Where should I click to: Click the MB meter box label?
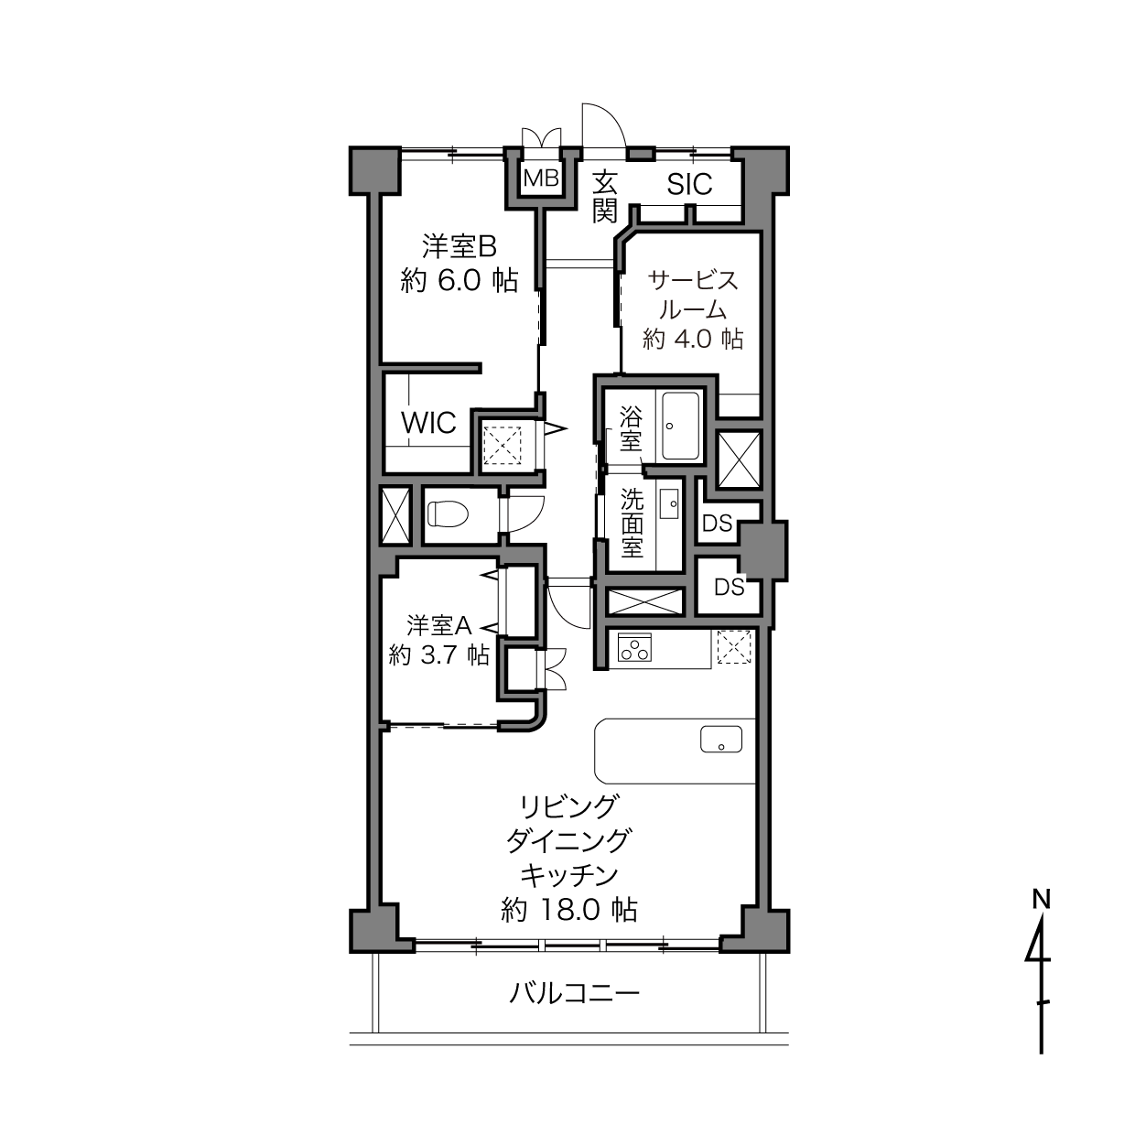point(541,178)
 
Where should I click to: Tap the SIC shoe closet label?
point(689,184)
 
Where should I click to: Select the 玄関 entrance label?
point(604,197)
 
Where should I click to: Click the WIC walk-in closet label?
point(428,423)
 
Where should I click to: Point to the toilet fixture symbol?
point(449,514)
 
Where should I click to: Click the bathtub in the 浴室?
point(680,426)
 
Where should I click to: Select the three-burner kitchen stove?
point(635,647)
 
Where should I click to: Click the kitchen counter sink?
point(721,739)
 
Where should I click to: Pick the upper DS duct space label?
point(718,524)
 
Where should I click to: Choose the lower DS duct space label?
point(730,588)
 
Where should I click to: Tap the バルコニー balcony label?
point(574,993)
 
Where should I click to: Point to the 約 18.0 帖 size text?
point(569,911)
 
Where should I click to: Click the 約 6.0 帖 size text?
point(459,280)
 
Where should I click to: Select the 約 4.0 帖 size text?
point(693,339)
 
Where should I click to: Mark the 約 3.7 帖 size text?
point(438,655)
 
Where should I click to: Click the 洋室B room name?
point(459,247)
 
